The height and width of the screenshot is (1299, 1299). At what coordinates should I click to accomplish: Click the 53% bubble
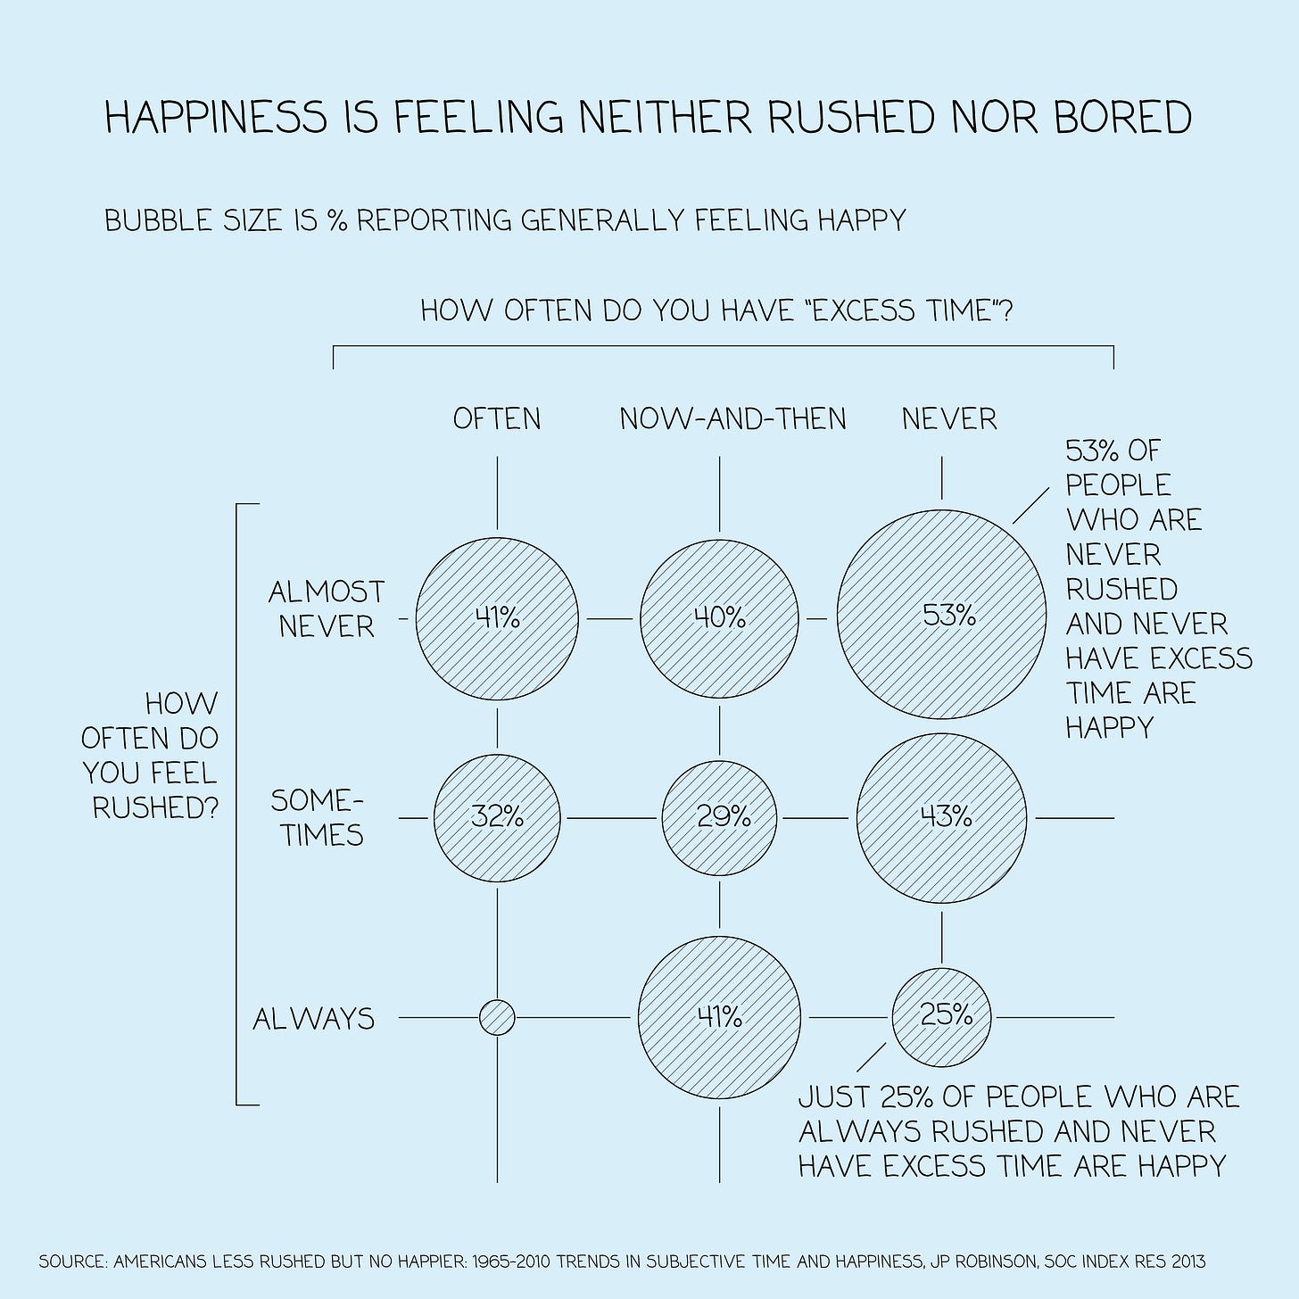coord(941,615)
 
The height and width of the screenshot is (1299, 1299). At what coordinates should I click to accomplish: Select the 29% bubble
coord(719,816)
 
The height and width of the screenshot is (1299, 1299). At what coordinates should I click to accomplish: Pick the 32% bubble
coord(497,816)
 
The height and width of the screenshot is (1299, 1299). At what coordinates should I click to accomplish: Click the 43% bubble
coord(941,816)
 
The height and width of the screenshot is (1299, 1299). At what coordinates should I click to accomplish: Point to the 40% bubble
coord(719,616)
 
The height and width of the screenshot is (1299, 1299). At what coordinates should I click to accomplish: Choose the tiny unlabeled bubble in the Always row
coord(497,1017)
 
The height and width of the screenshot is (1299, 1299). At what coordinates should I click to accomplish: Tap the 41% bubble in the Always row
coord(719,1016)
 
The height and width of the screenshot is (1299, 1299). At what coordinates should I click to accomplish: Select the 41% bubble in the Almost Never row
coord(497,616)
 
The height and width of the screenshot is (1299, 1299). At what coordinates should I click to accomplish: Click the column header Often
coord(497,418)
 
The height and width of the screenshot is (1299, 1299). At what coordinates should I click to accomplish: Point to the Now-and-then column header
coord(732,418)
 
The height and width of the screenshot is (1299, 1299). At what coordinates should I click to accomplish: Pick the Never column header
coord(949,418)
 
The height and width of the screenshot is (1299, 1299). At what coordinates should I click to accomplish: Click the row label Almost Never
coord(327,608)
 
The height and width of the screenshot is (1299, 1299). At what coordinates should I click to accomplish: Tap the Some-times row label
coord(318,817)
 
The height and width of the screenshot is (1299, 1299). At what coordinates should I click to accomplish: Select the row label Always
coord(314,1019)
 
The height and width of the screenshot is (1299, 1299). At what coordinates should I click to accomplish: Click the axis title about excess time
coord(716,311)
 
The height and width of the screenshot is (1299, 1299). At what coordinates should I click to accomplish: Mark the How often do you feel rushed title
coord(151,756)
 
